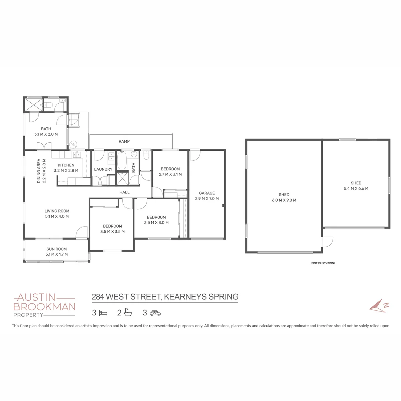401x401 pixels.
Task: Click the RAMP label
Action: click(124, 141)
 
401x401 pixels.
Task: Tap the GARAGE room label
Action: click(207, 193)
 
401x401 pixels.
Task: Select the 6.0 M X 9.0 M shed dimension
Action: click(284, 200)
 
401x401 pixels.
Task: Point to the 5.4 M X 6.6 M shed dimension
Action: click(356, 188)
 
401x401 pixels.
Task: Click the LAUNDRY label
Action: click(103, 169)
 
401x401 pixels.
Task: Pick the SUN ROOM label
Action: click(56, 249)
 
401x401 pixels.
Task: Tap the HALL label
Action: click(124, 192)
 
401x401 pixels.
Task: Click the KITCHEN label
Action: click(66, 165)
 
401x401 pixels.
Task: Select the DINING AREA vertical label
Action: click(39, 171)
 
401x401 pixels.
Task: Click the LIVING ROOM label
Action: click(57, 211)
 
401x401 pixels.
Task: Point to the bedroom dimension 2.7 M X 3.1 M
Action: click(170, 174)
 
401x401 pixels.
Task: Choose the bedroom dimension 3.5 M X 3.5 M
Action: click(112, 231)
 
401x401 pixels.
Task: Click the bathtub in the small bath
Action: click(121, 160)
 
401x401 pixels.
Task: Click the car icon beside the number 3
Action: click(155, 313)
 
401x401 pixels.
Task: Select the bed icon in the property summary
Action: click(103, 313)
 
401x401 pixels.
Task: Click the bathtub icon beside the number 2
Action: click(128, 312)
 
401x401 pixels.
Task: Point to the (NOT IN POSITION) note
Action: click(323, 263)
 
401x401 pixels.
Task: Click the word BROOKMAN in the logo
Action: click(44, 307)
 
